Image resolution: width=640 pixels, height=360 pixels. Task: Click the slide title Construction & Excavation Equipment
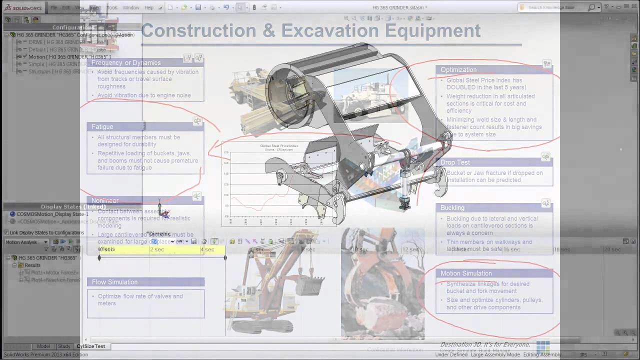pos(310,30)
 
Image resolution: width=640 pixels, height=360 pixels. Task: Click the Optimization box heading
pos(458,70)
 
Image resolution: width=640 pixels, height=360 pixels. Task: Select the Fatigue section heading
pos(102,127)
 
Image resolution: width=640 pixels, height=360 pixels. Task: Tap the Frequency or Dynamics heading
pos(126,63)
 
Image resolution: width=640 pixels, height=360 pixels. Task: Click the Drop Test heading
pos(455,162)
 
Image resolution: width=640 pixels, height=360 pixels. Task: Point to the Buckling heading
pos(452,207)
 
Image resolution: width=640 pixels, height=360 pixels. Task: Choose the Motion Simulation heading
pos(466,273)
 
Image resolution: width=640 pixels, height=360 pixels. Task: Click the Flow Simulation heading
pos(114,282)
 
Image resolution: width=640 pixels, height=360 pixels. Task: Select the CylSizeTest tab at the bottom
pos(90,346)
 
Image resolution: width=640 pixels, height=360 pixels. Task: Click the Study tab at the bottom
pos(64,346)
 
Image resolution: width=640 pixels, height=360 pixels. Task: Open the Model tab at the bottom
pos(43,346)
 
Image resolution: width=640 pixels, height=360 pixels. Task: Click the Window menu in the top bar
pos(131,7)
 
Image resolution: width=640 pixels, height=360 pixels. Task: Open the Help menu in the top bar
pos(149,7)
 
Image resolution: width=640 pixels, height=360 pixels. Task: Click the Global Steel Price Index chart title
pos(279,146)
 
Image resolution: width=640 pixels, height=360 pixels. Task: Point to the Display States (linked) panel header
pos(73,206)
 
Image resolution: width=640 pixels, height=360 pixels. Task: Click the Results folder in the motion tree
pos(32,265)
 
